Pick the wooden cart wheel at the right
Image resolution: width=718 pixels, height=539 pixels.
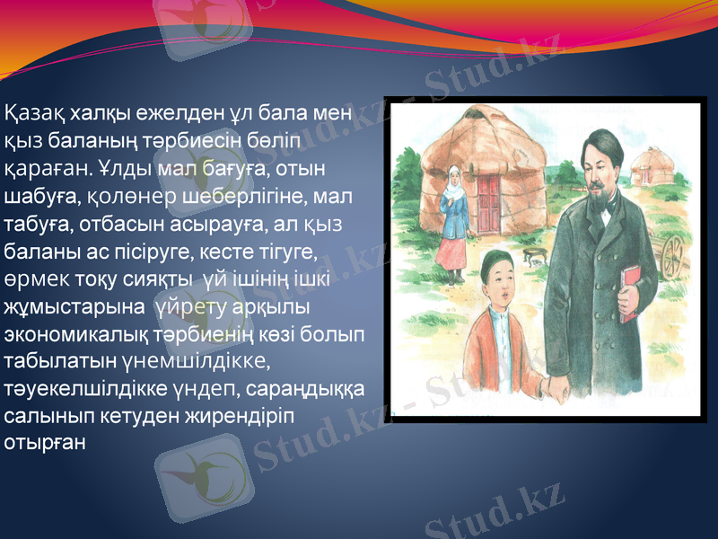673,256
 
